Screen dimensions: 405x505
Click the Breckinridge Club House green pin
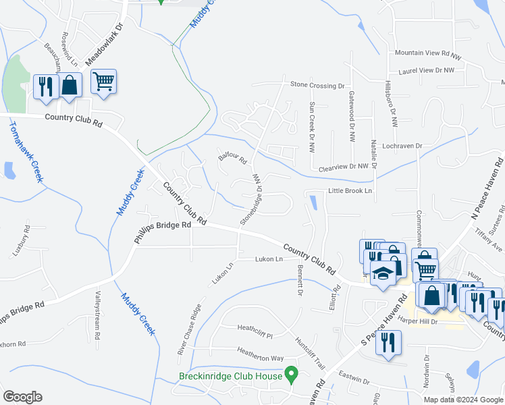coord(292,373)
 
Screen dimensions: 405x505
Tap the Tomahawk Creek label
coord(25,152)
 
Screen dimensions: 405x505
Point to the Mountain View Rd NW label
coord(427,53)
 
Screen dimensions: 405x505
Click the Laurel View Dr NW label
coord(427,70)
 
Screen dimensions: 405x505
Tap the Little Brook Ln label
coord(350,191)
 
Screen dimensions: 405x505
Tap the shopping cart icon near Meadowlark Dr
coord(103,82)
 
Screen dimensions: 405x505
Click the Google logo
coord(22,397)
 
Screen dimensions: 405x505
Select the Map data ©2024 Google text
coord(462,400)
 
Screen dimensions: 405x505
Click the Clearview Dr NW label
coord(344,166)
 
